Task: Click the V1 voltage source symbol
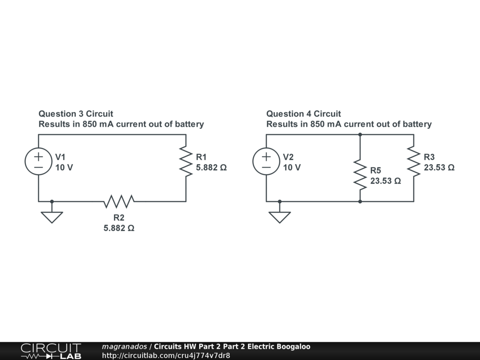coord(38,162)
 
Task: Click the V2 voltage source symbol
coord(266,162)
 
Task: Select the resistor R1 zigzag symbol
coord(186,162)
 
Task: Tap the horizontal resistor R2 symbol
coord(119,202)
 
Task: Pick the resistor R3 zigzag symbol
coord(413,162)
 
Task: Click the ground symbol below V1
coord(52,217)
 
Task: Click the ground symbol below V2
coord(279,217)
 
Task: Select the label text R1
coord(201,157)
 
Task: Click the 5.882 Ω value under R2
coord(119,228)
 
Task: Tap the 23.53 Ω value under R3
coord(439,167)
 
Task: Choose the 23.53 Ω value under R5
coord(385,180)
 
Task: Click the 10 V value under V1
coord(64,167)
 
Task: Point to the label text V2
coord(288,157)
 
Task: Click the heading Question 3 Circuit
coord(75,113)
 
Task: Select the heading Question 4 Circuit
coord(303,113)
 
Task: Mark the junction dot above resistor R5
coord(360,135)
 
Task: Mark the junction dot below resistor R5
coord(360,202)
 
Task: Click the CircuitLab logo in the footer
coord(51,351)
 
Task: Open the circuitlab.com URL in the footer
coord(166,355)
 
